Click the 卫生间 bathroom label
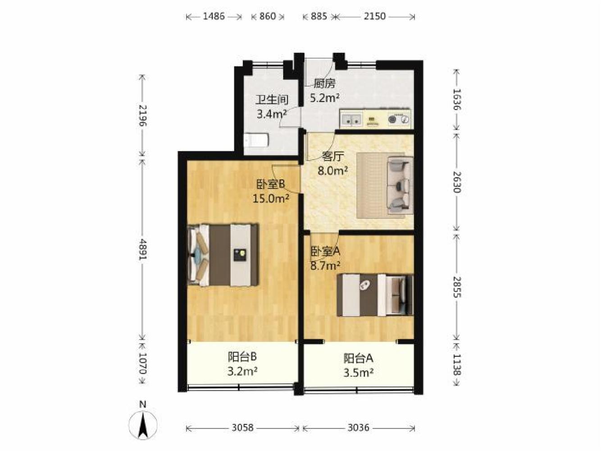tap(272, 100)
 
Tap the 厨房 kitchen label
tap(324, 83)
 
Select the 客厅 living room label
tap(332, 157)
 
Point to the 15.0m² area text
tap(271, 198)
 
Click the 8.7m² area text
tap(325, 265)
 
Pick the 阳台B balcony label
tap(242, 356)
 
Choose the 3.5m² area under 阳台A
tap(359, 373)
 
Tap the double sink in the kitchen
tap(351, 120)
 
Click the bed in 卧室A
tap(375, 295)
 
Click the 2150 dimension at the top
tap(374, 16)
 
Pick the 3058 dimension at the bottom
tap(242, 428)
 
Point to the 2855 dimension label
tap(457, 287)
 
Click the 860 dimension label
tap(268, 16)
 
